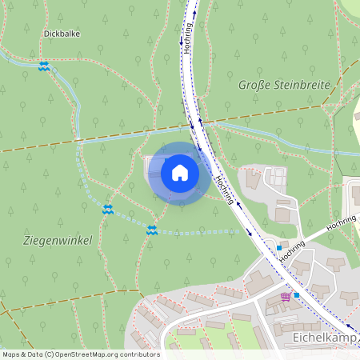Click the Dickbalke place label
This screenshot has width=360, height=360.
[x=62, y=34]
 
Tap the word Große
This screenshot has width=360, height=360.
[x=254, y=84]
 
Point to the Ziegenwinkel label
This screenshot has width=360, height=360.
[x=57, y=240]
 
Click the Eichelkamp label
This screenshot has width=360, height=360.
[x=325, y=338]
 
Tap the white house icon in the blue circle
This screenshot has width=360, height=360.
[x=180, y=172]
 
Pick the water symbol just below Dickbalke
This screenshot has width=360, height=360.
[x=44, y=66]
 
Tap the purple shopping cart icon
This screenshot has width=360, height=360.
[x=286, y=297]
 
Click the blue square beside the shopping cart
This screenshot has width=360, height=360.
[x=296, y=295]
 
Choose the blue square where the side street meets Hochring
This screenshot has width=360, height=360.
[x=278, y=248]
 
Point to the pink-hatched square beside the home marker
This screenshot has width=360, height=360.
[x=150, y=164]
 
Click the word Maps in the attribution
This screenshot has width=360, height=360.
[x=12, y=354]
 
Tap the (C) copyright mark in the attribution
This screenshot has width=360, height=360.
[x=50, y=354]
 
